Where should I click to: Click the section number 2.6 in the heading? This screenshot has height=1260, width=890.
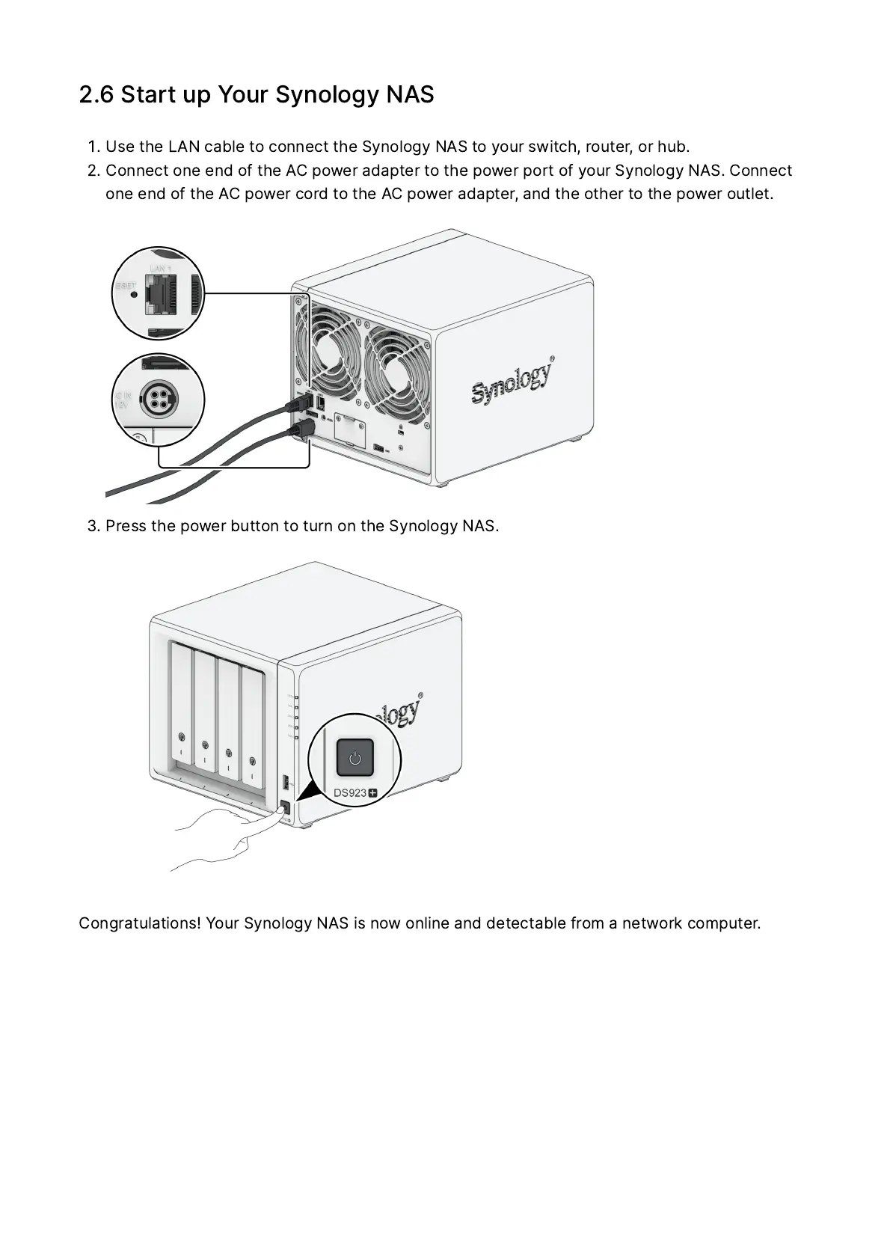point(96,95)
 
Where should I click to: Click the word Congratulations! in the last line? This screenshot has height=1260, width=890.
point(140,923)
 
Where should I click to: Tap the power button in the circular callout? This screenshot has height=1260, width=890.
point(355,758)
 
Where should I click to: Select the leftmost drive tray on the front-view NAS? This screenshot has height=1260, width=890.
point(181,704)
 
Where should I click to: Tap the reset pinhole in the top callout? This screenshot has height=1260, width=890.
point(134,293)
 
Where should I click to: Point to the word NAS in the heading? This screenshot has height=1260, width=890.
point(410,95)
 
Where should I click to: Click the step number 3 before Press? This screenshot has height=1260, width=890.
point(92,526)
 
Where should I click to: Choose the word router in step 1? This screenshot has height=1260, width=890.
point(608,146)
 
